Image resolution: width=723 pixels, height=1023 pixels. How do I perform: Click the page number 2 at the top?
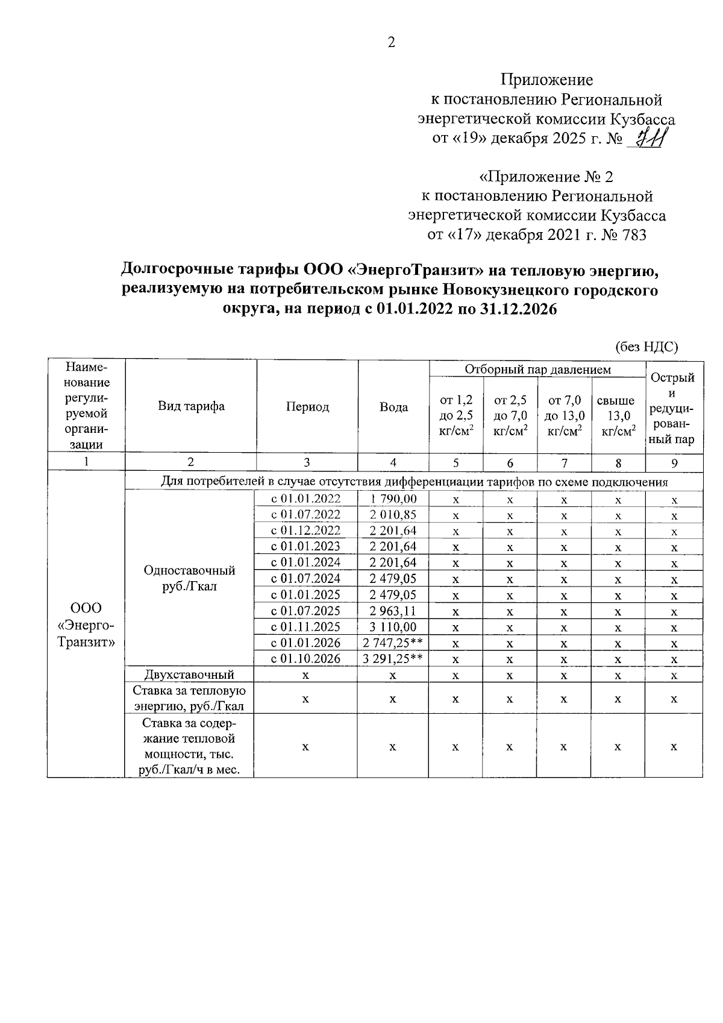391,43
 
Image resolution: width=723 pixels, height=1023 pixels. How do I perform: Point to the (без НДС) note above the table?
646,347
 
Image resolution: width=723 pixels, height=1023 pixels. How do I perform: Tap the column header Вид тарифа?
191,406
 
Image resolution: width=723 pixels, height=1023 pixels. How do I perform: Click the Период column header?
307,407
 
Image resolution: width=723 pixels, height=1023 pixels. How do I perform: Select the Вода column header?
393,407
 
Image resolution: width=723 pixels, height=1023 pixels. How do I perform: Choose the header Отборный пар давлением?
537,370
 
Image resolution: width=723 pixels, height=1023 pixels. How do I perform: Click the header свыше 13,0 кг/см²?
618,416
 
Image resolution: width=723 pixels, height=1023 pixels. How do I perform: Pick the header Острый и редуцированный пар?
674,408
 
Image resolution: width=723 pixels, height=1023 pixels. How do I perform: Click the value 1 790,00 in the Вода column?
393,499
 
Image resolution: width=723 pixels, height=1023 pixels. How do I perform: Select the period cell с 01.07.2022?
306,515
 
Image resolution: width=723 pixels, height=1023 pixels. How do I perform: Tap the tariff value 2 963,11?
393,611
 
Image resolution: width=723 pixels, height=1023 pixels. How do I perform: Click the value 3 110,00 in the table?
393,627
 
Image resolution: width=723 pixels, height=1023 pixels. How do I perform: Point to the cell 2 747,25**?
393,643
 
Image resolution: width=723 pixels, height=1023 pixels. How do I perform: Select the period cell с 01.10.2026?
306,659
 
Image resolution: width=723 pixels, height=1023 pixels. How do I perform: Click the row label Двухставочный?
190,675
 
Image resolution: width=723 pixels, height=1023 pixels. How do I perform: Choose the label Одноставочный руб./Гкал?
190,578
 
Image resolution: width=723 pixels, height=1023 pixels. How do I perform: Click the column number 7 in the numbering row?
564,463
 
